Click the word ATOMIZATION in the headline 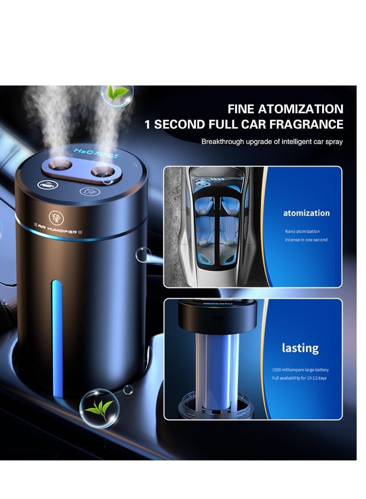coord(301,109)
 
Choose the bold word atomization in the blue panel coord(306,213)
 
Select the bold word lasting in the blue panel coord(300,348)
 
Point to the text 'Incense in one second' coord(306,240)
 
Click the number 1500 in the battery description coord(277,370)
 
